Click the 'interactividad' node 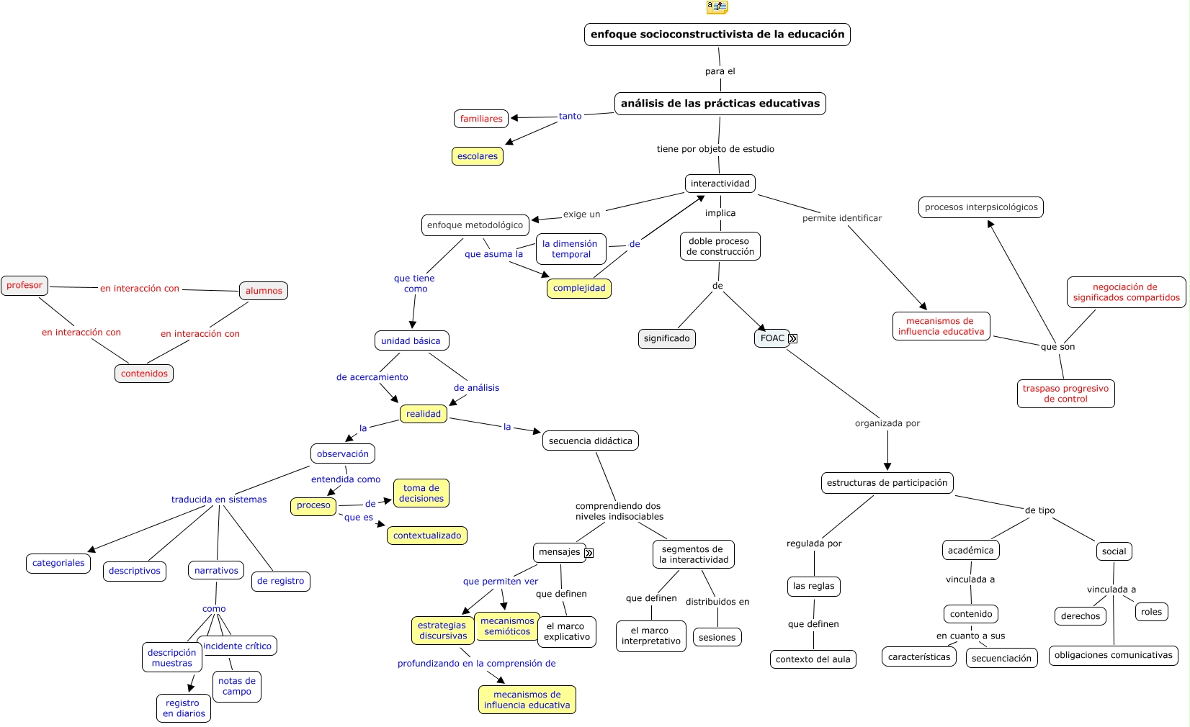(x=720, y=184)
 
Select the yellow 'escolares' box (x=477, y=156)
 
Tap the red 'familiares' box (x=480, y=119)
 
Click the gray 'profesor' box (x=24, y=285)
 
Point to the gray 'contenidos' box (x=144, y=374)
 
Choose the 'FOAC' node (x=771, y=338)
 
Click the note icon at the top (x=717, y=7)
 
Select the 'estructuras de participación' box (x=887, y=483)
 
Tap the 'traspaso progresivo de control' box (x=1065, y=394)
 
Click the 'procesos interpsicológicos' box (x=980, y=207)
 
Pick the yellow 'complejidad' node (x=578, y=288)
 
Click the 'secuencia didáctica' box (x=590, y=441)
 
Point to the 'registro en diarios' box (x=184, y=708)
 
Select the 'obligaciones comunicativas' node (x=1113, y=655)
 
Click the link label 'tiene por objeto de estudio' (x=715, y=149)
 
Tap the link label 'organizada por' (x=887, y=423)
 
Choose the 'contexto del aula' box (x=813, y=659)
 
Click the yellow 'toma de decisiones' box (x=421, y=493)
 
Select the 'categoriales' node (x=58, y=563)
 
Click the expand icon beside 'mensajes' (x=589, y=553)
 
